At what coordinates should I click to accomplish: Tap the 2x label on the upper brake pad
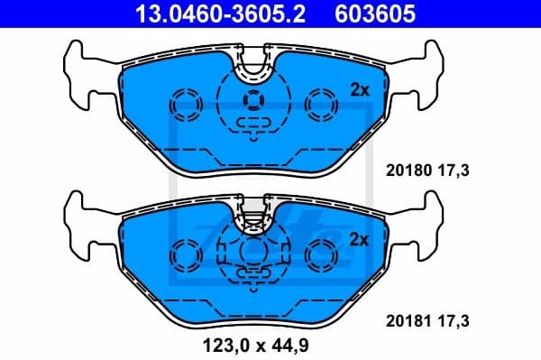tap(359, 89)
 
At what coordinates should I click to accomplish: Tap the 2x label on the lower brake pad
tap(359, 239)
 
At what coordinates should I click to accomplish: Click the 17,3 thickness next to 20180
tap(454, 169)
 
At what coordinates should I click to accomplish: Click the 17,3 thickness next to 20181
tap(454, 319)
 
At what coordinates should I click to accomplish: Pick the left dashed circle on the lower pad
tap(188, 254)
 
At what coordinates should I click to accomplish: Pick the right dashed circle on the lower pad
tap(319, 254)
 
